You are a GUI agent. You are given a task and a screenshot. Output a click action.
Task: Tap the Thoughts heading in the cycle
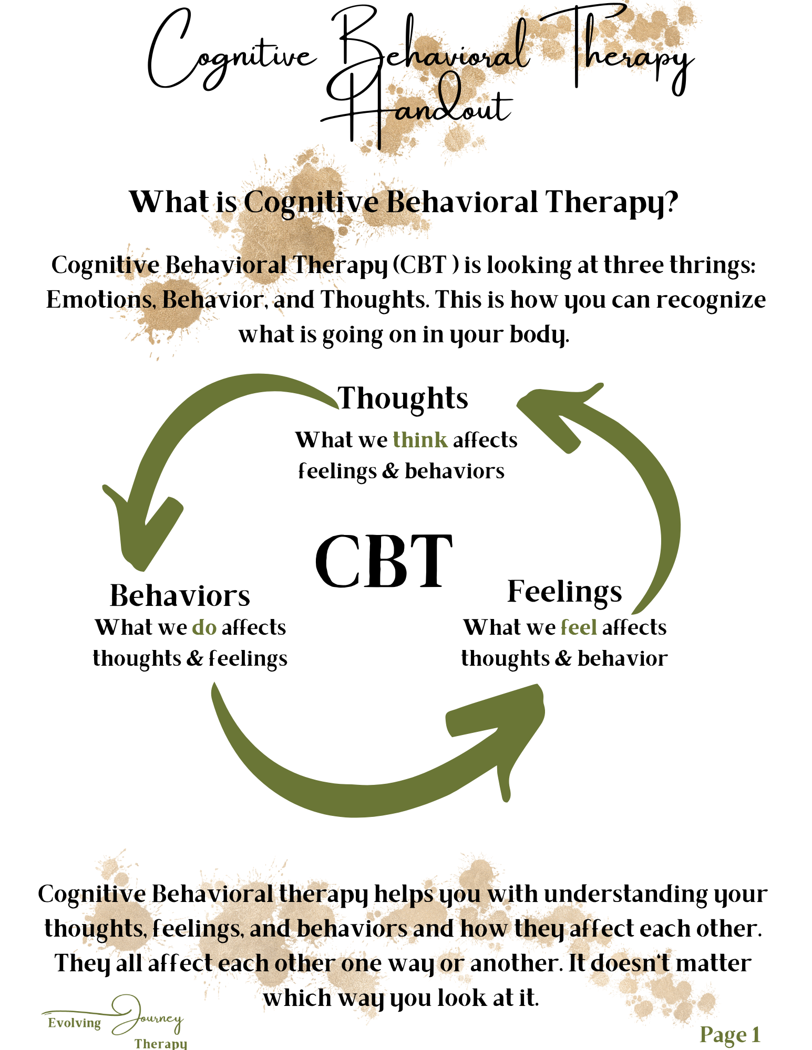tap(403, 398)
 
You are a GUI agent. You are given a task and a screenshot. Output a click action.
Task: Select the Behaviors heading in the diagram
tap(180, 596)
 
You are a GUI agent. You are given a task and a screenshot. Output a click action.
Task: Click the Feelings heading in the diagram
tap(564, 592)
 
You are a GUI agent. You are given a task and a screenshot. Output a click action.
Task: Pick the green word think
tap(420, 440)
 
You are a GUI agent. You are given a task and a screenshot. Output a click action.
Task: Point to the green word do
tap(204, 627)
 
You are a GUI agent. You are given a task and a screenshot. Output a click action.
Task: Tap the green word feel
tap(579, 627)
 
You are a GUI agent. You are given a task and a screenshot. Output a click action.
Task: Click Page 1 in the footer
tap(729, 1035)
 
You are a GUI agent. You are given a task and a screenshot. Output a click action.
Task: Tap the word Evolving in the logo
tap(74, 1023)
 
